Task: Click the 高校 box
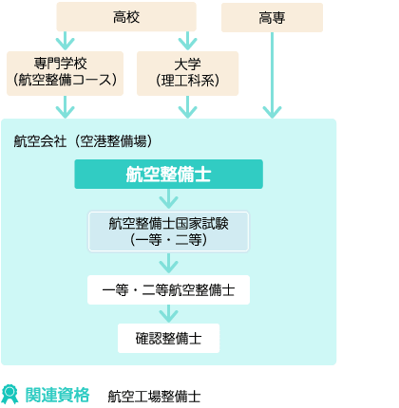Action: point(126,17)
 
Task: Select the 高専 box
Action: point(272,18)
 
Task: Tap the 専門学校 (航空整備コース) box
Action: point(65,73)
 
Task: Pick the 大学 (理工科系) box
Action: point(187,73)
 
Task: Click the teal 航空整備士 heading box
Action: point(168,175)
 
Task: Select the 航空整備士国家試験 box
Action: point(168,232)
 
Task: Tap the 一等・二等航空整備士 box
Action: point(168,290)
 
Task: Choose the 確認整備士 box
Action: point(168,339)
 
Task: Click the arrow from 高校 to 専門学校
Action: point(65,41)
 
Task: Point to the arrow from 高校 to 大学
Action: point(187,41)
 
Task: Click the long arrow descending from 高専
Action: point(272,75)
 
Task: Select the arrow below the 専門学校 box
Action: point(65,107)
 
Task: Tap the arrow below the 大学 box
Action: point(187,107)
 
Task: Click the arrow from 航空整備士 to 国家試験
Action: point(168,198)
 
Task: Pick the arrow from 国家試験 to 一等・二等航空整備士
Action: point(168,263)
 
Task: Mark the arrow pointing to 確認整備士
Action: point(168,313)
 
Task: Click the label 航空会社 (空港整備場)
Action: point(83,141)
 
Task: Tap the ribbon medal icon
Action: point(9,394)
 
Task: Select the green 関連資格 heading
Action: point(57,395)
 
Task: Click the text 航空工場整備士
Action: point(154,397)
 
